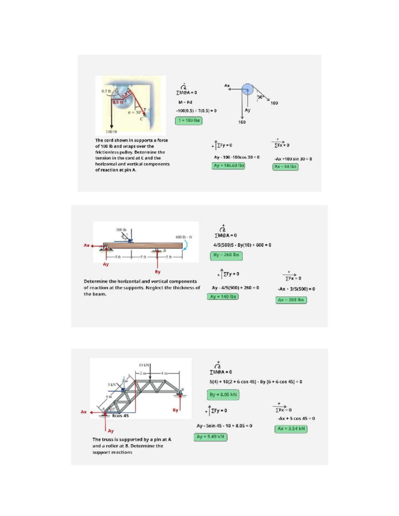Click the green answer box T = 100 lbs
click(189, 121)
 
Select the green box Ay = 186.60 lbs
click(228, 165)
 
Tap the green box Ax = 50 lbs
click(285, 167)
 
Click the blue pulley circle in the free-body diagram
click(247, 89)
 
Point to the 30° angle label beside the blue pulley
click(260, 97)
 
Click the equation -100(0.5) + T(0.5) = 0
click(196, 111)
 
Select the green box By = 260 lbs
click(226, 255)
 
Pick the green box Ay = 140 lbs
click(223, 297)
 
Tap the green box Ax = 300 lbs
click(291, 300)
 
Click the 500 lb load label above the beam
click(121, 230)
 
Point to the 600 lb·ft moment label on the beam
click(184, 237)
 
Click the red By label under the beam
click(158, 272)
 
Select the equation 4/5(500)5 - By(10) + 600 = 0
click(242, 245)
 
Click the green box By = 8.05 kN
click(223, 395)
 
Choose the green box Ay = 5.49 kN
click(210, 437)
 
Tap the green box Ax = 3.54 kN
click(291, 429)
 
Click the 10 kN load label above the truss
click(144, 365)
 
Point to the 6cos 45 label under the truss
click(120, 416)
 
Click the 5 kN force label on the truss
click(111, 384)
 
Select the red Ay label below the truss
click(111, 431)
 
